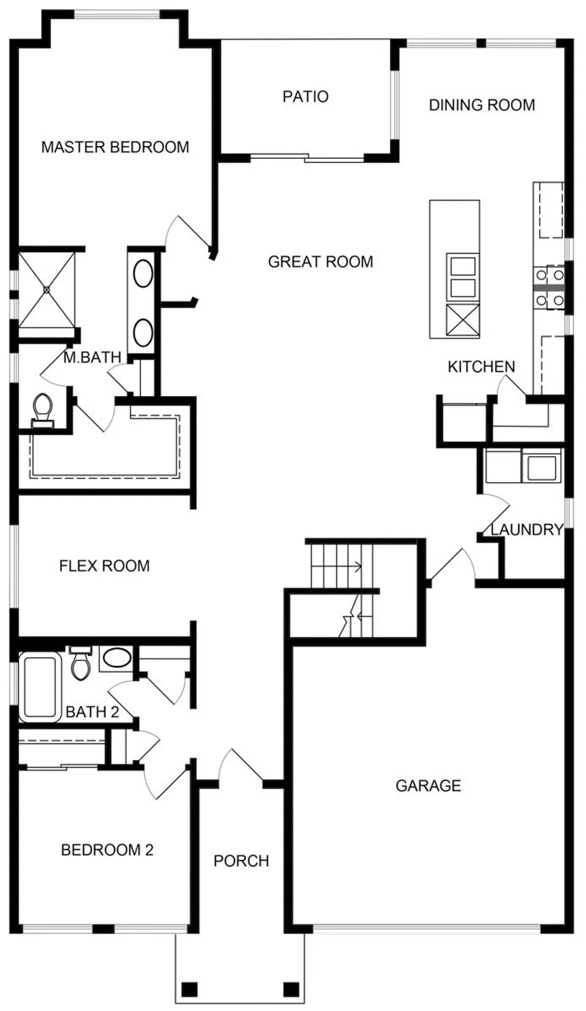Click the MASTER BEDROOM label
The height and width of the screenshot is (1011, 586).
[115, 147]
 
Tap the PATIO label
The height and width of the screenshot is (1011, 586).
[305, 96]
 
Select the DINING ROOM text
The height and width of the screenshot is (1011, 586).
[482, 105]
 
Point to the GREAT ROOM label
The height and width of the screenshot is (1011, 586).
[320, 261]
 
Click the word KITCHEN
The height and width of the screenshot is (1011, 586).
[481, 367]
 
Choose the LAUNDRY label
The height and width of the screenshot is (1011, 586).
[527, 530]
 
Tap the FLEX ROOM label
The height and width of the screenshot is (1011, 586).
[104, 566]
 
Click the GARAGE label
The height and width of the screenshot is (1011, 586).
[428, 786]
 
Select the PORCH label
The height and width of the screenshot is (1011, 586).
[241, 861]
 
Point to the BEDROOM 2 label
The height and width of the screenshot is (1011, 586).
[108, 850]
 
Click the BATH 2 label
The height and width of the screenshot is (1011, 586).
[92, 712]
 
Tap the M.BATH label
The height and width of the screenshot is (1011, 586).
[92, 357]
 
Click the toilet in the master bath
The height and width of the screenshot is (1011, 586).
[44, 410]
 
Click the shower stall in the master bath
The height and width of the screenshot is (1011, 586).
[47, 289]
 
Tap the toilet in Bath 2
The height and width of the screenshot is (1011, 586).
[81, 663]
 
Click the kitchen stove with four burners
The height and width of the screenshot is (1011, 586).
[549, 287]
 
